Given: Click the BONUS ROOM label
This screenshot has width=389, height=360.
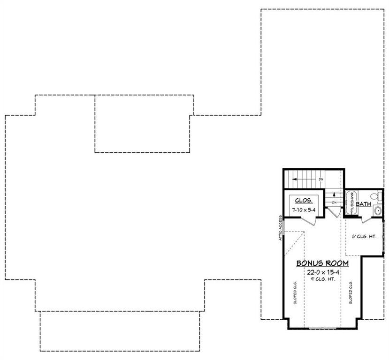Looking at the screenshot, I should click(322, 263).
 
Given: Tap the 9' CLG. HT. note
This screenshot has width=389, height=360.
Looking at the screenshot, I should click(322, 280).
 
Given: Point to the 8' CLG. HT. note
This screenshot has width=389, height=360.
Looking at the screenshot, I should click(364, 237).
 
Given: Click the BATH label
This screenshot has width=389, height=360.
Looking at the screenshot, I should click(363, 204).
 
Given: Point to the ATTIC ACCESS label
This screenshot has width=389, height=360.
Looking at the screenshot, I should click(280, 228).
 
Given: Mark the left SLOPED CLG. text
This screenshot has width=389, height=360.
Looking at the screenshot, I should click(295, 292).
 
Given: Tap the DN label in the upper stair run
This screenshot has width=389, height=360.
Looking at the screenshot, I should click(321, 179).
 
